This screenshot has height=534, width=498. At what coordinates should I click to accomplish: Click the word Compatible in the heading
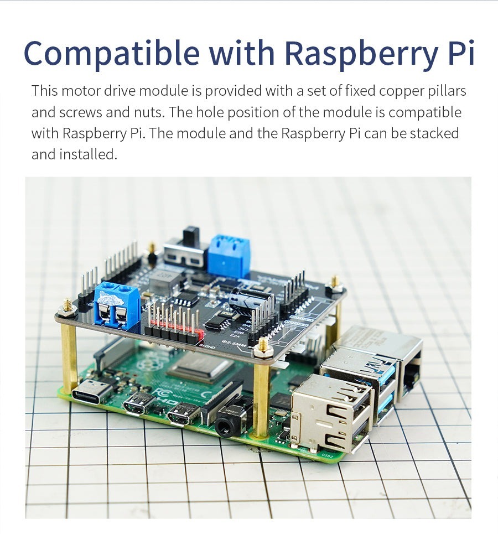point(111,53)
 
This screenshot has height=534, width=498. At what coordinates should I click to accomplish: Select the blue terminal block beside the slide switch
point(229,256)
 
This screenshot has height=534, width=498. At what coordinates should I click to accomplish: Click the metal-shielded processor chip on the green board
point(200,368)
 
